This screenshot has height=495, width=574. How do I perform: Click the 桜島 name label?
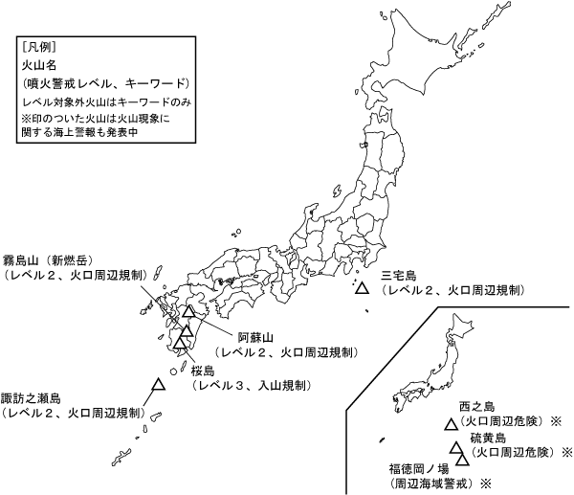(x=206, y=370)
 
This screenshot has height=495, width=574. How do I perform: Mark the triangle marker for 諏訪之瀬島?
(x=158, y=384)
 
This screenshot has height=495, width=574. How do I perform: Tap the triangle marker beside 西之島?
(x=451, y=423)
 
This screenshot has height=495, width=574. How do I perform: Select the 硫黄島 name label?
(x=488, y=437)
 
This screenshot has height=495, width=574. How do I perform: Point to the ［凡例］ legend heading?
(x=37, y=46)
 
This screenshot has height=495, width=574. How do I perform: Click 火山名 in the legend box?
(x=35, y=65)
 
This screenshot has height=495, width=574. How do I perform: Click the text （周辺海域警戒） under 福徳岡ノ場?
(x=425, y=484)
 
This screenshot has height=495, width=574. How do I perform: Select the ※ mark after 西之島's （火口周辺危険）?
(x=554, y=420)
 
